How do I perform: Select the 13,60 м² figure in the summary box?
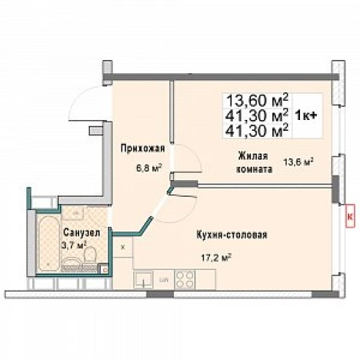coord(256,101)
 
